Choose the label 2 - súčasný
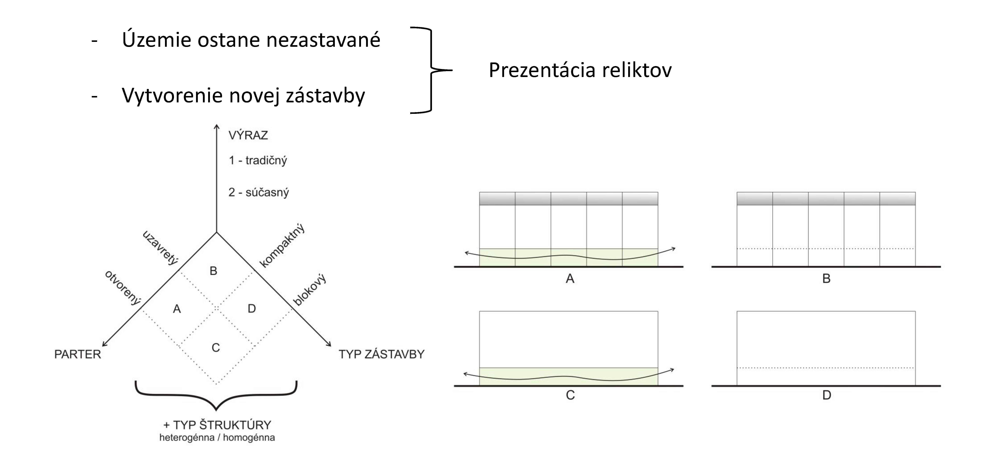click(259, 192)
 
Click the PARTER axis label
click(78, 354)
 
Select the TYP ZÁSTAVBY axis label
click(381, 354)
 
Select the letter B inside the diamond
click(213, 271)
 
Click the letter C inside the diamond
click(215, 347)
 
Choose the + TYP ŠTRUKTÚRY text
click(217, 425)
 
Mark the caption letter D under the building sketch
click(826, 395)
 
